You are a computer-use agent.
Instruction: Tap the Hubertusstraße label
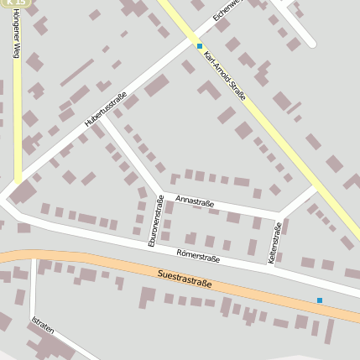[106, 110]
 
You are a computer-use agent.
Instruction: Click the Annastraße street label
[195, 203]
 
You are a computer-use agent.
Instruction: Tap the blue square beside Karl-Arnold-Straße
[200, 46]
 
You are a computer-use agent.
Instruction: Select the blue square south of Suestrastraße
[319, 300]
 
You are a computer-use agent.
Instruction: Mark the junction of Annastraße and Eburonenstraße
[161, 195]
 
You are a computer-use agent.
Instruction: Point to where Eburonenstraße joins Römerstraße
[150, 246]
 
